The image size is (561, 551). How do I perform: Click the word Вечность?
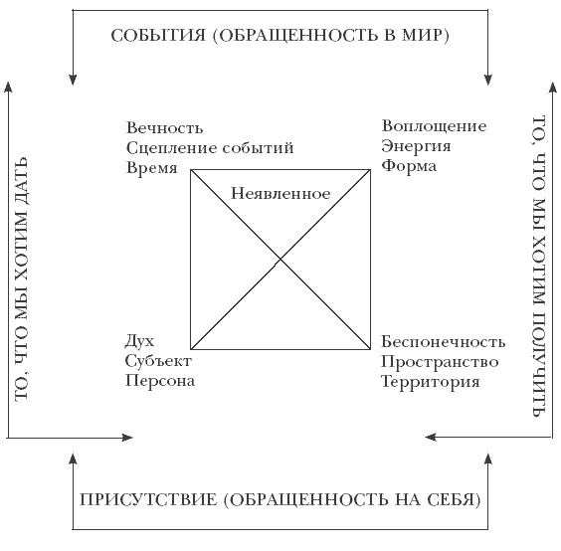click(x=164, y=128)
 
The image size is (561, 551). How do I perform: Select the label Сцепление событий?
click(x=210, y=148)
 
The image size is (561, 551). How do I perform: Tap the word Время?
click(x=152, y=168)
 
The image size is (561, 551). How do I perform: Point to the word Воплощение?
click(x=435, y=126)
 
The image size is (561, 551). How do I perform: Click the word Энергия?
click(x=416, y=146)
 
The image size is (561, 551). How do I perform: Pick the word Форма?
click(x=409, y=166)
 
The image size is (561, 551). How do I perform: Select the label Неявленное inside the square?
click(x=280, y=194)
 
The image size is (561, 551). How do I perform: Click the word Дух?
click(x=139, y=341)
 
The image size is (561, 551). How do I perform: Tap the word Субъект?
click(x=158, y=361)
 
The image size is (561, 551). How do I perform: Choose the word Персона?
click(x=160, y=381)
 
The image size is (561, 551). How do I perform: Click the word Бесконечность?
click(x=443, y=342)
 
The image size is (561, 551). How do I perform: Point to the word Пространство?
click(x=440, y=362)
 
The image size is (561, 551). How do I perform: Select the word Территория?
click(x=430, y=382)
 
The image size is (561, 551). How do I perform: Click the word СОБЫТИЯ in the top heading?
click(x=158, y=36)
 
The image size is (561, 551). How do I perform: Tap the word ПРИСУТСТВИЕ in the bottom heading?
click(x=148, y=500)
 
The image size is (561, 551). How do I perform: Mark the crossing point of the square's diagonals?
click(x=280, y=259)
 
